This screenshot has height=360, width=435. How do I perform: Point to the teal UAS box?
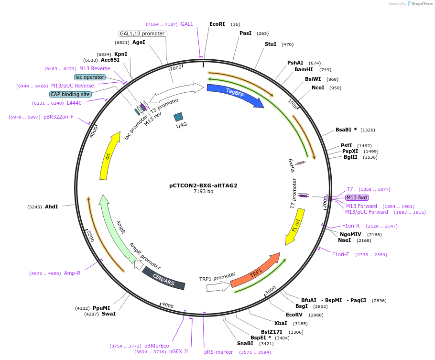click(179, 117)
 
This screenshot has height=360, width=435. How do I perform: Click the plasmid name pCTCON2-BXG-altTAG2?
click(203, 185)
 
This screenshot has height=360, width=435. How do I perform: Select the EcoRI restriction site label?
click(217, 24)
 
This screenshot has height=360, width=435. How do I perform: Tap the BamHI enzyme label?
click(304, 69)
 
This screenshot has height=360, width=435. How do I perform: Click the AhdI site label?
click(51, 207)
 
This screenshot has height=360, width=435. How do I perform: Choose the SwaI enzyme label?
click(109, 314)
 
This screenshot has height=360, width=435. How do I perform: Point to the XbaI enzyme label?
click(281, 323)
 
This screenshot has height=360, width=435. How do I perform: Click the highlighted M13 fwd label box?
click(357, 197)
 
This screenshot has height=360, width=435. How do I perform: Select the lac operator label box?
click(89, 77)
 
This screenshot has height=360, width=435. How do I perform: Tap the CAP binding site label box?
click(70, 94)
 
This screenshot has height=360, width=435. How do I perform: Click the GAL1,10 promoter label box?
click(142, 33)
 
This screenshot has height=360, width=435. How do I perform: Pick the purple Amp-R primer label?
click(72, 273)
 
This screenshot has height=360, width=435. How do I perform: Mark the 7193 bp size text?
click(203, 191)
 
